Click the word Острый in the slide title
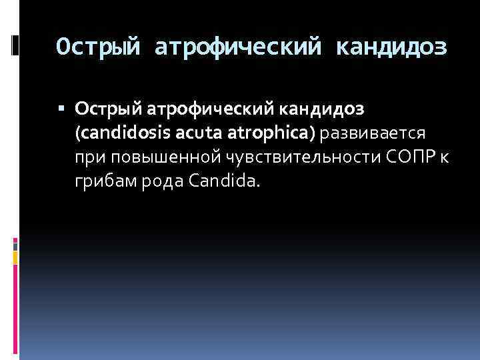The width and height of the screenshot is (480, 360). (99, 47)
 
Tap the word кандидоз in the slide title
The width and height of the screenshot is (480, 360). (392, 47)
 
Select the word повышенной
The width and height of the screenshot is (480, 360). (153, 157)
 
